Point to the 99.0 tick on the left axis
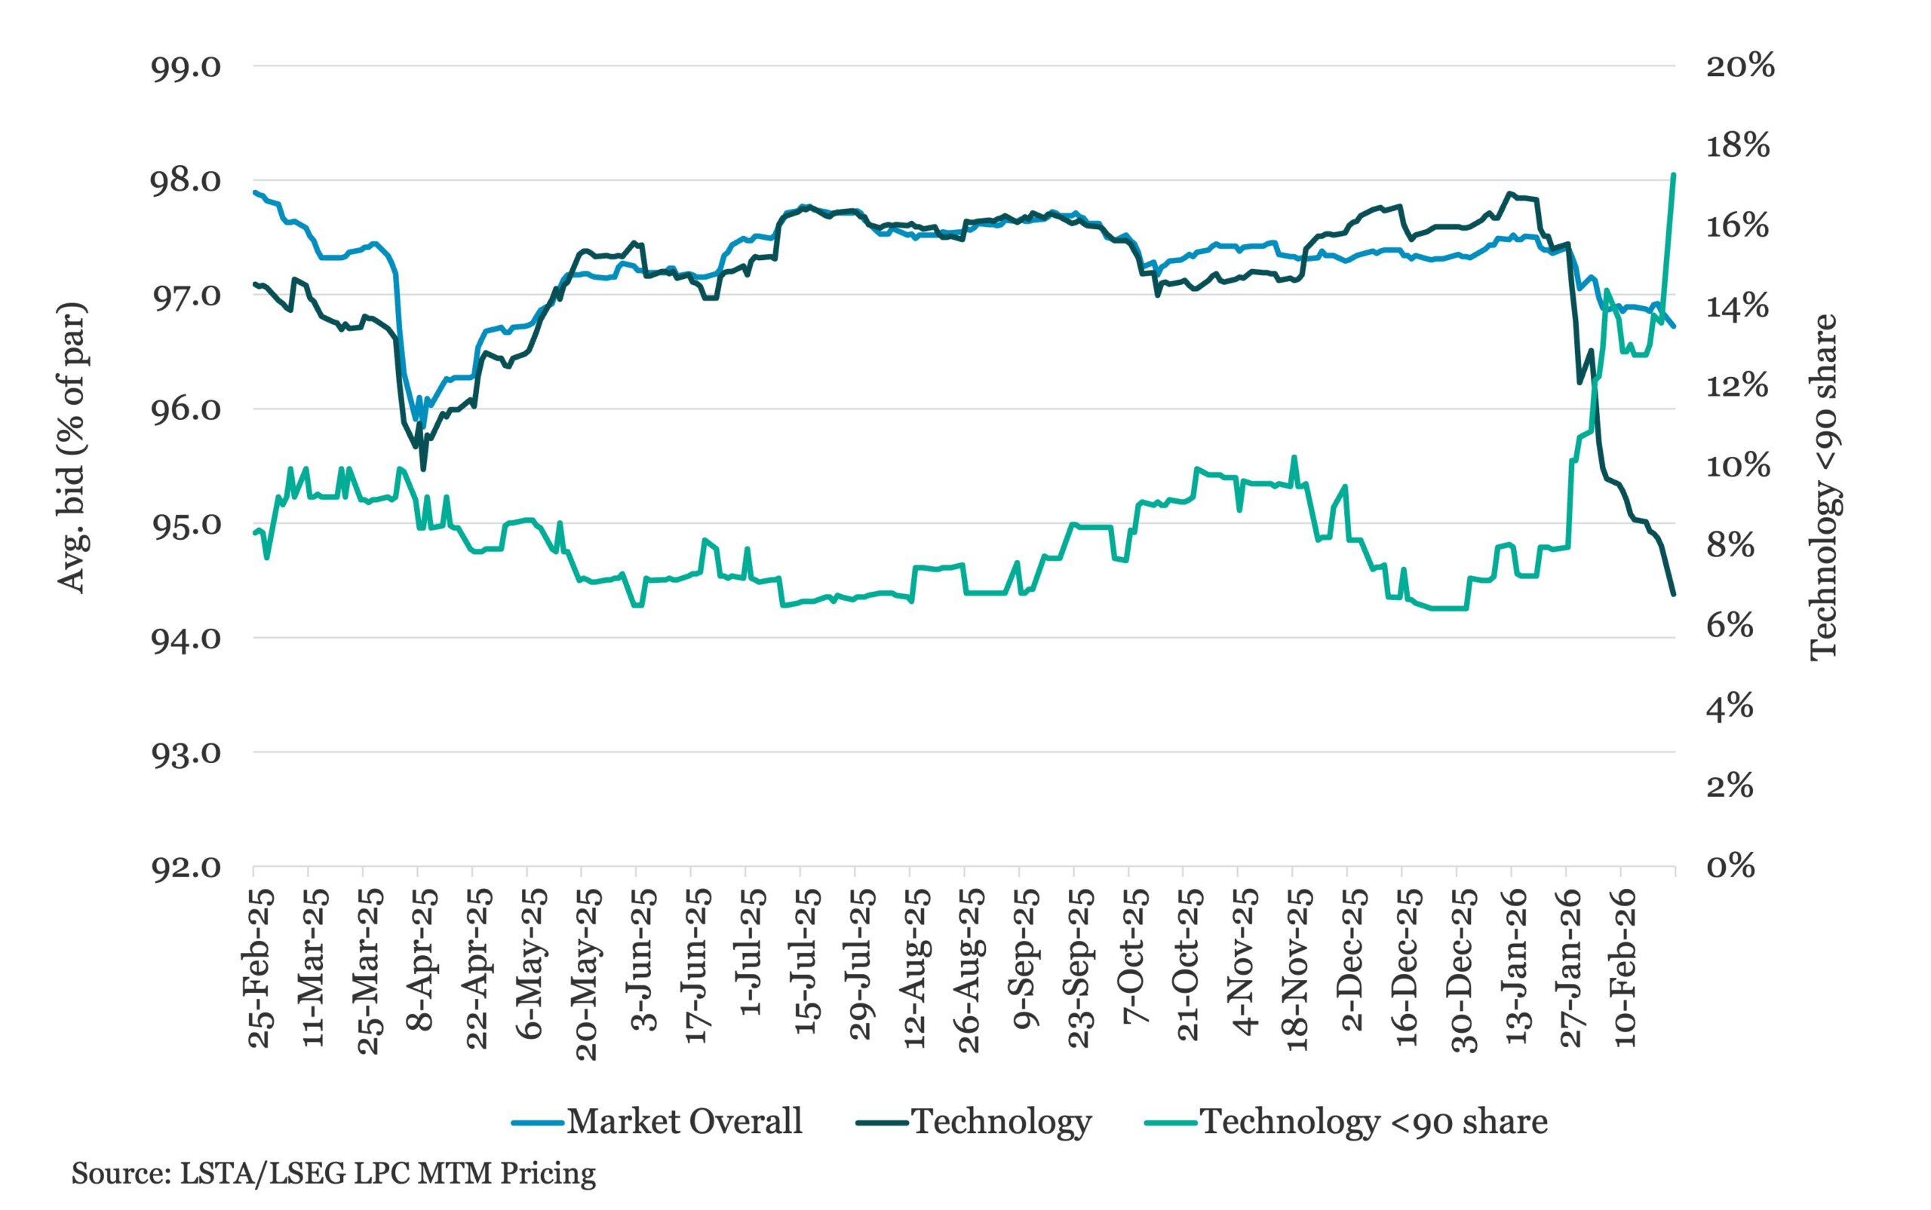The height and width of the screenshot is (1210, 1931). tap(185, 66)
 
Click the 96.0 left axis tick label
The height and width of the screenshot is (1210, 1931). tap(185, 409)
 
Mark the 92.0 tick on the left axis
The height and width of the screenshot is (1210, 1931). tap(185, 868)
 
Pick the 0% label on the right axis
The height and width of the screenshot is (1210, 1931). tap(1730, 867)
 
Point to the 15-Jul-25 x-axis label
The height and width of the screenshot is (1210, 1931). tap(808, 963)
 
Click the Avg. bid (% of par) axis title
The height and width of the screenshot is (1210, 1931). tap(72, 448)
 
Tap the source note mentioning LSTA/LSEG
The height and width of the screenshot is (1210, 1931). tap(333, 1173)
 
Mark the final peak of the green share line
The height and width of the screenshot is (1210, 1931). tap(1673, 173)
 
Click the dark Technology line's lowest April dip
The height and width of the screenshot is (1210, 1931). tap(422, 469)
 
